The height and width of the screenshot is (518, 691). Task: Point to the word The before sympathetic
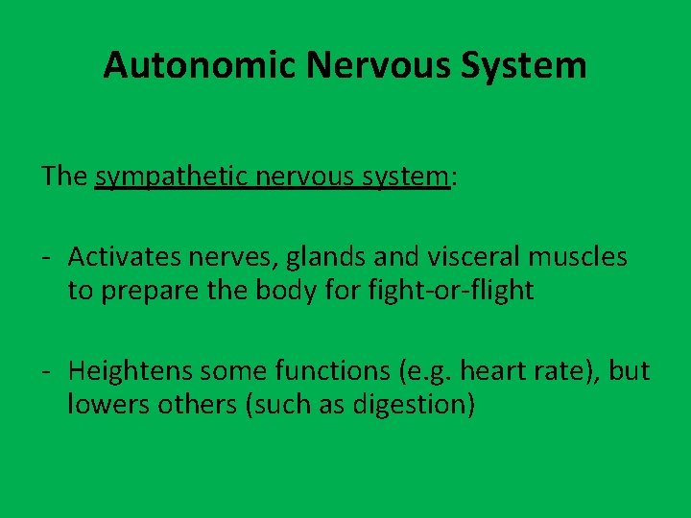pos(64,177)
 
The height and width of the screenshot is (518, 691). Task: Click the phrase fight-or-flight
pos(451,290)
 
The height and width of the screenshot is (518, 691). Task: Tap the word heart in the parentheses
pos(490,370)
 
